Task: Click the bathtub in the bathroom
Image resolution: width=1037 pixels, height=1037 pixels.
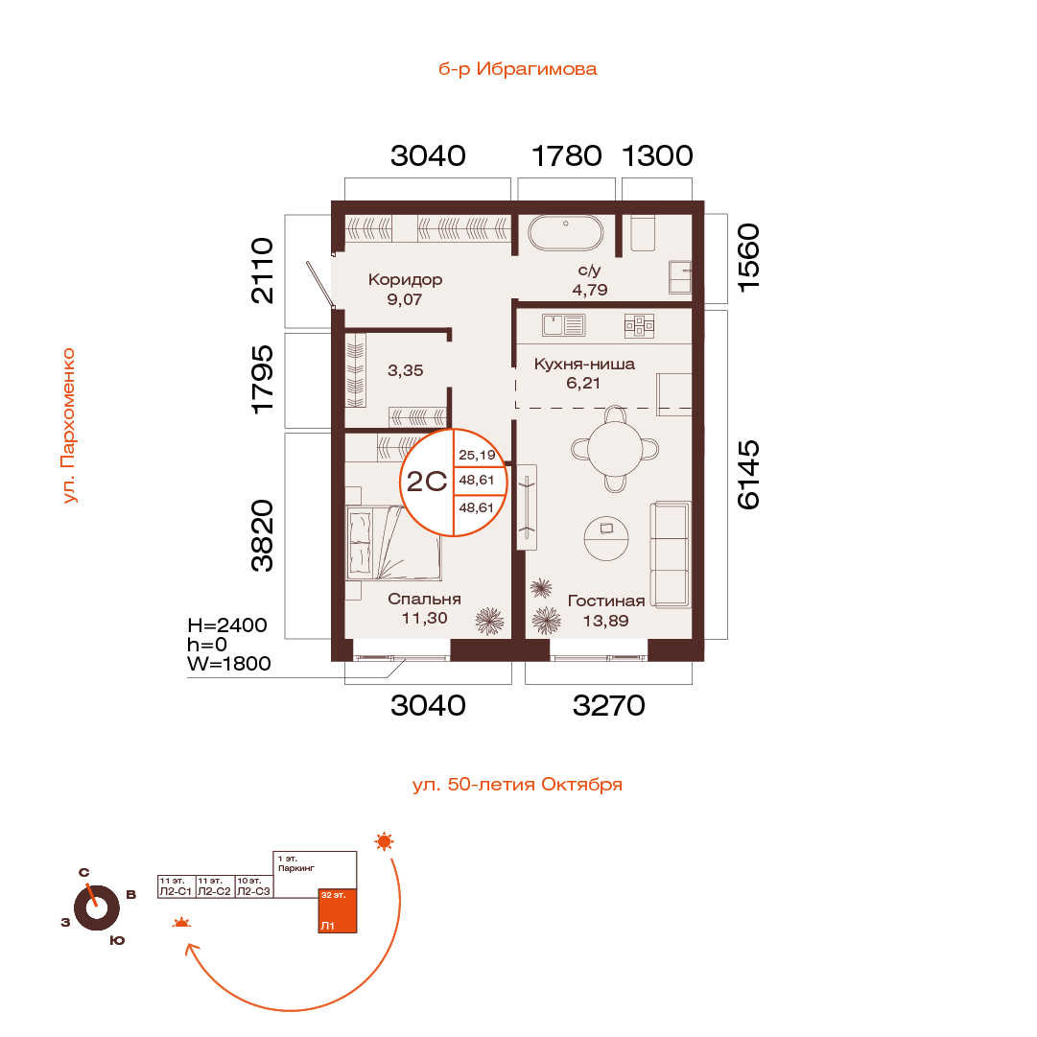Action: [565, 233]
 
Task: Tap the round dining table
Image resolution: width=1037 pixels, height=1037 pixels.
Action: [615, 449]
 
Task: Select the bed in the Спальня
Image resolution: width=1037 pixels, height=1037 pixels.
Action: [392, 542]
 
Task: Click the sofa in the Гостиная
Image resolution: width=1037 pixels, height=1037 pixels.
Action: [670, 554]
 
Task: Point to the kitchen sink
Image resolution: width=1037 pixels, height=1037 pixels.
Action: [563, 325]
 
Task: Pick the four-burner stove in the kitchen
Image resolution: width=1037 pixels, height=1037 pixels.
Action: [639, 325]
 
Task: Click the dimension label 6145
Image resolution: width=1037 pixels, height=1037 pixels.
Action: [748, 475]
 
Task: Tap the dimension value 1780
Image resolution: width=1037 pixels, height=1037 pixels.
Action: [567, 156]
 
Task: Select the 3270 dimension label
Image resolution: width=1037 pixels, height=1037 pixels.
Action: [608, 706]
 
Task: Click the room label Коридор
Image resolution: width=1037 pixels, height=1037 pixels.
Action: [406, 280]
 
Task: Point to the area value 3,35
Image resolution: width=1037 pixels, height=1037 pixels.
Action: [406, 370]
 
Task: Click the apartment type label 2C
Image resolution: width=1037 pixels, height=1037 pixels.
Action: [427, 482]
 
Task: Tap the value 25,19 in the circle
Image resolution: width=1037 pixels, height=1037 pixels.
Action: [477, 455]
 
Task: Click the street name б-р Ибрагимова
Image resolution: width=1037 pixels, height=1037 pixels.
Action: [518, 69]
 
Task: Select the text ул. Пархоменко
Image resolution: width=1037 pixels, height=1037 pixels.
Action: [68, 426]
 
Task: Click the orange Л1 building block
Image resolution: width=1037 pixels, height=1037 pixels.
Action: [338, 910]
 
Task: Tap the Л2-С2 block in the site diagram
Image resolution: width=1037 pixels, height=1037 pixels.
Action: [215, 887]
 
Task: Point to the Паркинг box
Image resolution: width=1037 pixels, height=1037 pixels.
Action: [315, 874]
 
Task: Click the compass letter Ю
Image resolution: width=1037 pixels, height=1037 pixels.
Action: [117, 940]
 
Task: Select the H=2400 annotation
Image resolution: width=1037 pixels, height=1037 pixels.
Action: [227, 625]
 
